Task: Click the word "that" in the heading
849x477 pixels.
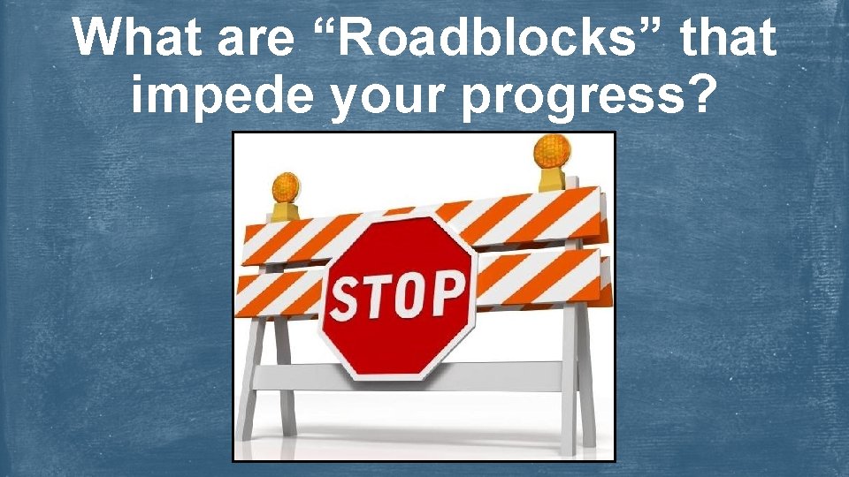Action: coord(722,38)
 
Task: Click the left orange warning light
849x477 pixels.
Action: coord(286,189)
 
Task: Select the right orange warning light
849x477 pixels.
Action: coord(552,153)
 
